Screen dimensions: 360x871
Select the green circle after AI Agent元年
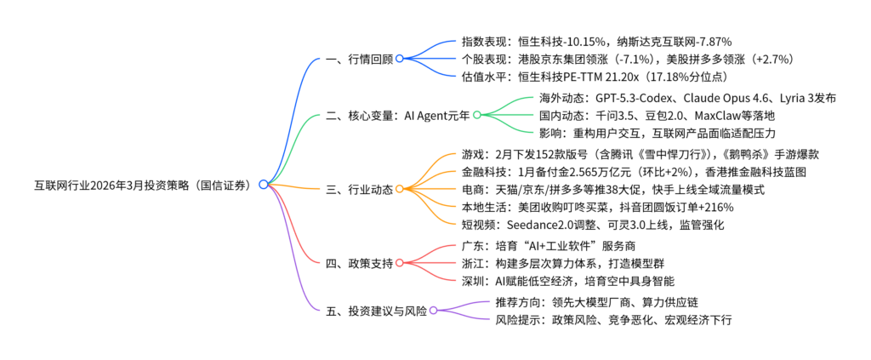coord(477,114)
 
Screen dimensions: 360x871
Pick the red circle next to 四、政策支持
coord(399,263)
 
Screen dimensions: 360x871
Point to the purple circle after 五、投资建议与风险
coord(433,311)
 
